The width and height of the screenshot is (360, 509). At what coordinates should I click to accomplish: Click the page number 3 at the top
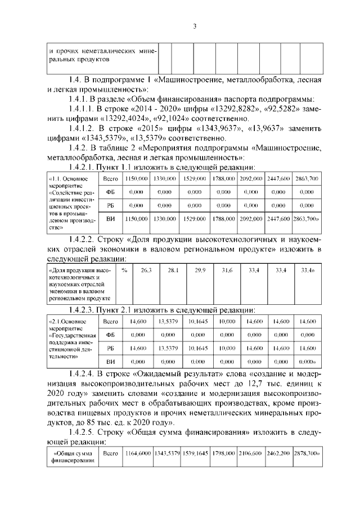click(x=193, y=26)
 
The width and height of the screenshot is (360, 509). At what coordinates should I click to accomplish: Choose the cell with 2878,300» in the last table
click(x=307, y=452)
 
